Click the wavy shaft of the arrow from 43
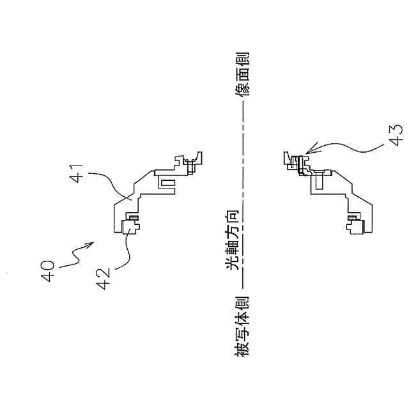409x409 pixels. click(345, 148)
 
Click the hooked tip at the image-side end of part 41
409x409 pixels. click(199, 155)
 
